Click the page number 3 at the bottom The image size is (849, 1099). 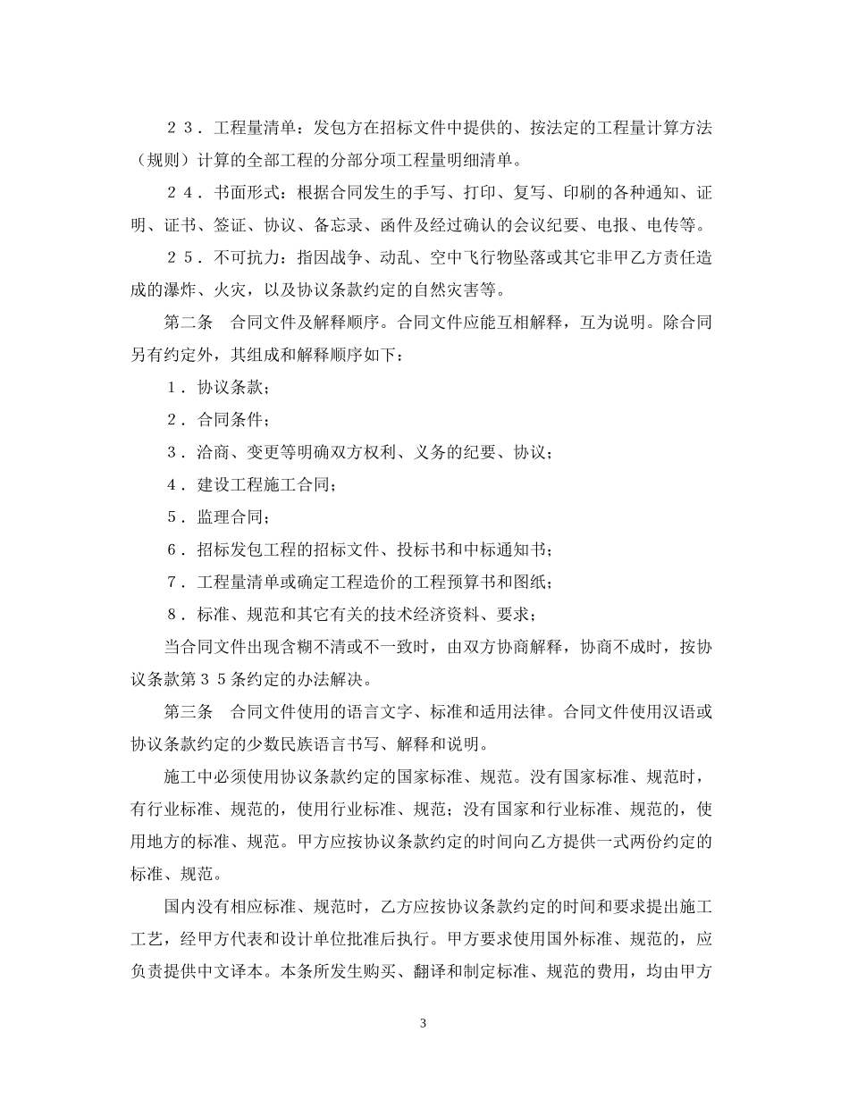(x=423, y=1023)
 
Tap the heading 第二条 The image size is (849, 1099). (x=188, y=322)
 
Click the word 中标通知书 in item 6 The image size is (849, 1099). (x=509, y=549)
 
